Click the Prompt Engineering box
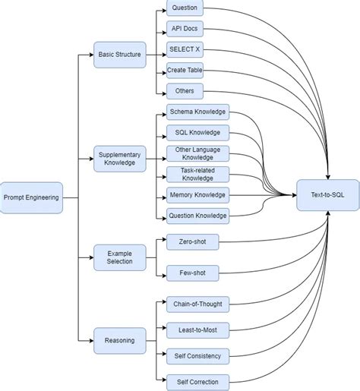click(31, 197)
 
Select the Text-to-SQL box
click(327, 195)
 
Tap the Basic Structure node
click(119, 55)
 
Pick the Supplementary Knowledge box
click(119, 159)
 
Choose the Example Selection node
click(119, 257)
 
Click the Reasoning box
click(119, 341)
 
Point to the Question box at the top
click(185, 9)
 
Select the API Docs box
click(185, 30)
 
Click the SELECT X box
click(185, 50)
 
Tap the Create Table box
click(185, 71)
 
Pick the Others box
click(185, 91)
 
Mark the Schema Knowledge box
click(197, 112)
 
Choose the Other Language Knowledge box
click(197, 153)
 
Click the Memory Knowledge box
click(197, 195)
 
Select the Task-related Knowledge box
click(197, 175)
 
